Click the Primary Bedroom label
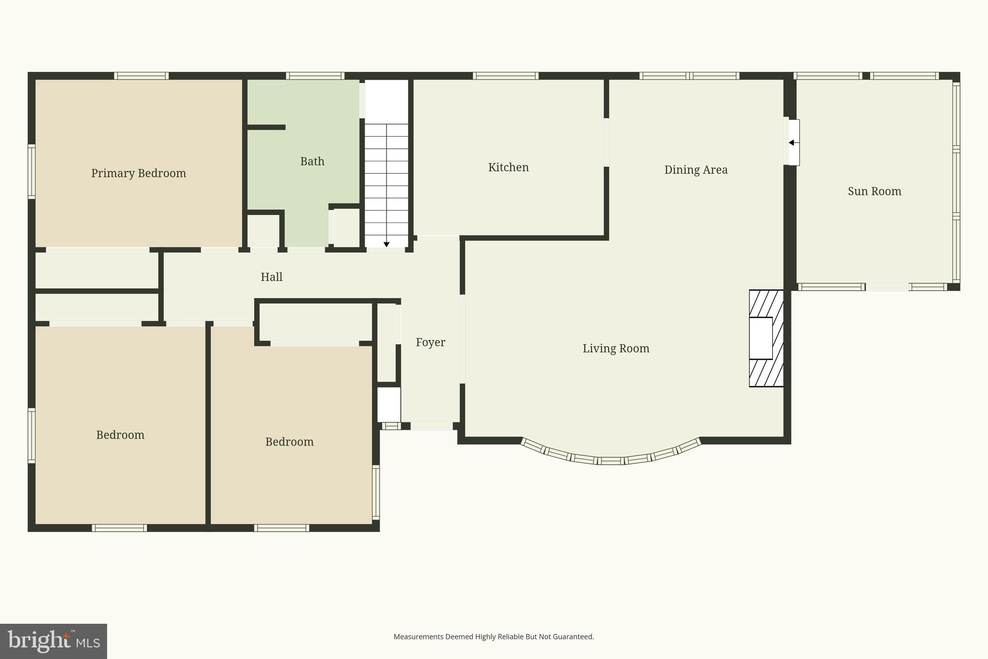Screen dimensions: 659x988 tap(138, 173)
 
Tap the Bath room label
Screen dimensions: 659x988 tap(312, 161)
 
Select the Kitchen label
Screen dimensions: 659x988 tap(508, 168)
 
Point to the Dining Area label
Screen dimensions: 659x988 tap(695, 170)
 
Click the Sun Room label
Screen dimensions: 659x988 tap(874, 191)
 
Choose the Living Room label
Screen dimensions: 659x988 tap(616, 349)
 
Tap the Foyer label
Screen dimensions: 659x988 tap(430, 342)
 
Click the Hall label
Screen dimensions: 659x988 tap(271, 277)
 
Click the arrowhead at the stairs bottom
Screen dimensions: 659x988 tap(386, 244)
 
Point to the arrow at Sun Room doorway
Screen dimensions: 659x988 tap(791, 142)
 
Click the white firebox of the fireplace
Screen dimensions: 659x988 tap(760, 338)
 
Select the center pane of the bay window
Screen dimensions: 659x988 tap(611, 461)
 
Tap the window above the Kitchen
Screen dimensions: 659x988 tap(505, 76)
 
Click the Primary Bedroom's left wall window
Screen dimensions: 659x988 tap(31, 171)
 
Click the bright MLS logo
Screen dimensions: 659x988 tap(53, 641)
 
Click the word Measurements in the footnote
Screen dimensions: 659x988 tap(418, 637)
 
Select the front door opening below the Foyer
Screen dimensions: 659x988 tap(431, 426)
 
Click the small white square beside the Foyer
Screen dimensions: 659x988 tap(389, 405)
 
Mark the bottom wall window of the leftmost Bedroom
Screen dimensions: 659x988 tap(119, 528)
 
